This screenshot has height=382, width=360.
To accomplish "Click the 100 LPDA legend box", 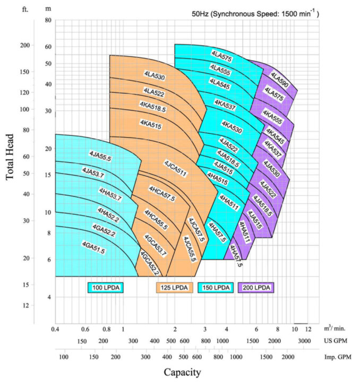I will [x=106, y=288].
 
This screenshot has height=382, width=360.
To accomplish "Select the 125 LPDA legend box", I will [x=174, y=288].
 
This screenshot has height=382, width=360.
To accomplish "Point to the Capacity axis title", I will [x=182, y=371].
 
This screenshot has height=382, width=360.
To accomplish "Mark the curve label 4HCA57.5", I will [x=162, y=193].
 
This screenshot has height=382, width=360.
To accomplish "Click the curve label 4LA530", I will [x=154, y=76].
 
